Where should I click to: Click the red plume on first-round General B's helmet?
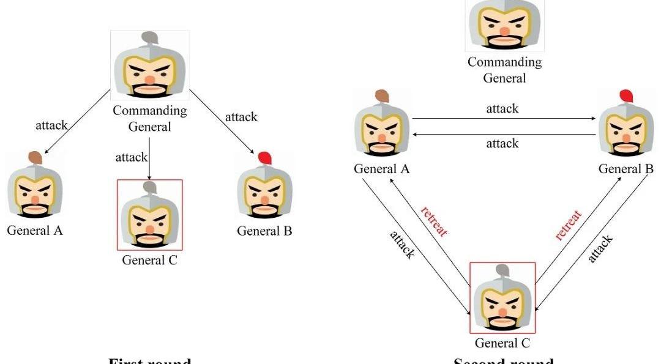[x=264, y=158]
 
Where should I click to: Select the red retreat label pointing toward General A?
[x=434, y=221]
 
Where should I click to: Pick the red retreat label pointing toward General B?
[x=569, y=225]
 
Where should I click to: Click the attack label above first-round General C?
[x=132, y=157]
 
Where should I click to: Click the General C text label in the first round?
[x=149, y=260]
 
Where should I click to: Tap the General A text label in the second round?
[x=381, y=169]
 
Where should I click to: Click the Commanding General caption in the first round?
[x=149, y=119]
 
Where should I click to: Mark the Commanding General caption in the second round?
[x=504, y=70]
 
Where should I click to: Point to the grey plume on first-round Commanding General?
[x=150, y=38]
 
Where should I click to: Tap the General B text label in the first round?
[x=264, y=231]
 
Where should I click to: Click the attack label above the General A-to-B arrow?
[x=502, y=109]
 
